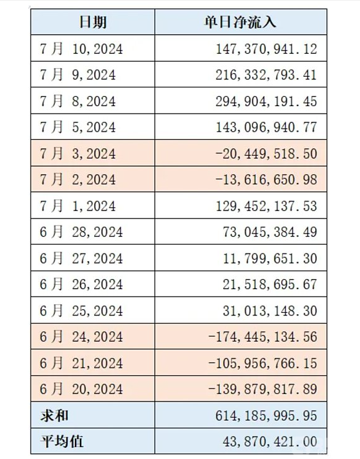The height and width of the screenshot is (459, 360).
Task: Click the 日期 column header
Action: pyautogui.click(x=93, y=22)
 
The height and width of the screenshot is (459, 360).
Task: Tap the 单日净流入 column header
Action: pyautogui.click(x=240, y=22)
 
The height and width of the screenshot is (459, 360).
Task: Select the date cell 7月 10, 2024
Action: pyautogui.click(x=81, y=49)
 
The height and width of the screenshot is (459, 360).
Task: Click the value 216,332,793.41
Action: pyautogui.click(x=266, y=75)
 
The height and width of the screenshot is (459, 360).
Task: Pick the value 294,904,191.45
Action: pyautogui.click(x=266, y=101)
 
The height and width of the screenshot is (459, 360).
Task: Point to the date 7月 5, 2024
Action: pyautogui.click(x=77, y=127)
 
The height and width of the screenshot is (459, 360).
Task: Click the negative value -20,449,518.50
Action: pyautogui.click(x=266, y=154)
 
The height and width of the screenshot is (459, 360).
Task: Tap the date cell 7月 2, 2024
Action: pyautogui.click(x=77, y=179)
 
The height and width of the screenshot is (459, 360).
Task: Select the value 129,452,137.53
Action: pyautogui.click(x=266, y=206)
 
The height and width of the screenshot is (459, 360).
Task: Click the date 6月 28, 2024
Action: pyautogui.click(x=81, y=232)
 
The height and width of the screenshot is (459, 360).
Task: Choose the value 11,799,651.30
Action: pyautogui.click(x=270, y=259)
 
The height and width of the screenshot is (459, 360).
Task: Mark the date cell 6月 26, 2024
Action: pyautogui.click(x=81, y=284)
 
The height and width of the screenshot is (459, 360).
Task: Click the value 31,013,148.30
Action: pyautogui.click(x=270, y=310)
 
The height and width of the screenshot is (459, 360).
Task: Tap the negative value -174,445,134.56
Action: pyautogui.click(x=263, y=337)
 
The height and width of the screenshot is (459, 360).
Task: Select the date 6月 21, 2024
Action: pyautogui.click(x=81, y=363)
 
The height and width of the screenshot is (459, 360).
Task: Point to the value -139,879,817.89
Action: pyautogui.click(x=263, y=389)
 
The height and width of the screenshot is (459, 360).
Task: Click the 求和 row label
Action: pyautogui.click(x=54, y=415)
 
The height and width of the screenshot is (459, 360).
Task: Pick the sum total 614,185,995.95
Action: pyautogui.click(x=266, y=415)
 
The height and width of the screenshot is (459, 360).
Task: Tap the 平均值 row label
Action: pyautogui.click(x=62, y=441)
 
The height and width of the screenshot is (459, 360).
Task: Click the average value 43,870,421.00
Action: pyautogui.click(x=270, y=442)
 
